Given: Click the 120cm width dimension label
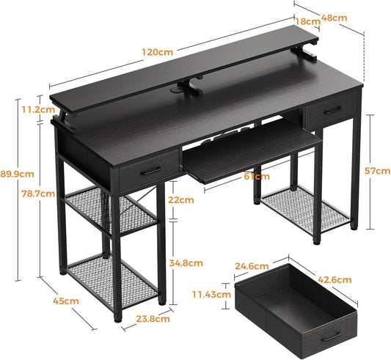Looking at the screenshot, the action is tap(157, 52).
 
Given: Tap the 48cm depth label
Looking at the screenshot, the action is tap(334, 18).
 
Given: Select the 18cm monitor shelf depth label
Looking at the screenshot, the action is tap(307, 21).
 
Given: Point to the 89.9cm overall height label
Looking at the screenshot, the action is tap(17, 174).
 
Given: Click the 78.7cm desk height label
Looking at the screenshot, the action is tap(38, 194).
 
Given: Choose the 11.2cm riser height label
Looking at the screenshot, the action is tap(38, 109).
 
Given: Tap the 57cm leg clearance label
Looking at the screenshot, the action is tap(377, 171).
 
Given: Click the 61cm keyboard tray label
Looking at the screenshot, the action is tap(257, 176).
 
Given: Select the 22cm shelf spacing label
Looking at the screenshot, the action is tap(180, 200).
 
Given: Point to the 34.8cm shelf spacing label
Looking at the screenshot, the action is tap(186, 263).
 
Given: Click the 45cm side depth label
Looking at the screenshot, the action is tap(66, 301).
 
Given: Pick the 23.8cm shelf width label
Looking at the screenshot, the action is tap(153, 319).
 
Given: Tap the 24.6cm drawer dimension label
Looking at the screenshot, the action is tap(252, 266).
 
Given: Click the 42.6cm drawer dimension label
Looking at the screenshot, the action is tap(335, 280).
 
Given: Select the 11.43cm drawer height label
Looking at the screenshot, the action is tap(211, 295).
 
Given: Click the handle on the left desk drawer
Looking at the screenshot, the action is tap(150, 172).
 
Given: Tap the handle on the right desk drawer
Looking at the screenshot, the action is tap(333, 110).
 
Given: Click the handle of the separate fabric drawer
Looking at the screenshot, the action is tap(331, 337).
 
